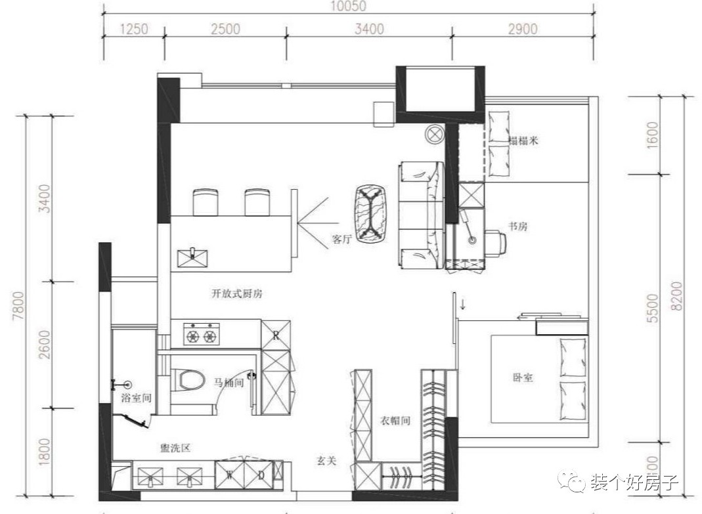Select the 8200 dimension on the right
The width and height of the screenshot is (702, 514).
[686, 297]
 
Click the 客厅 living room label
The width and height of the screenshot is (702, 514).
[342, 240]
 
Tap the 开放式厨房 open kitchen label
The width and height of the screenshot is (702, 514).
[237, 294]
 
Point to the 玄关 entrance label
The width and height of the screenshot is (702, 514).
[326, 461]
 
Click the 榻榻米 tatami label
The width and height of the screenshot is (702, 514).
[524, 140]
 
